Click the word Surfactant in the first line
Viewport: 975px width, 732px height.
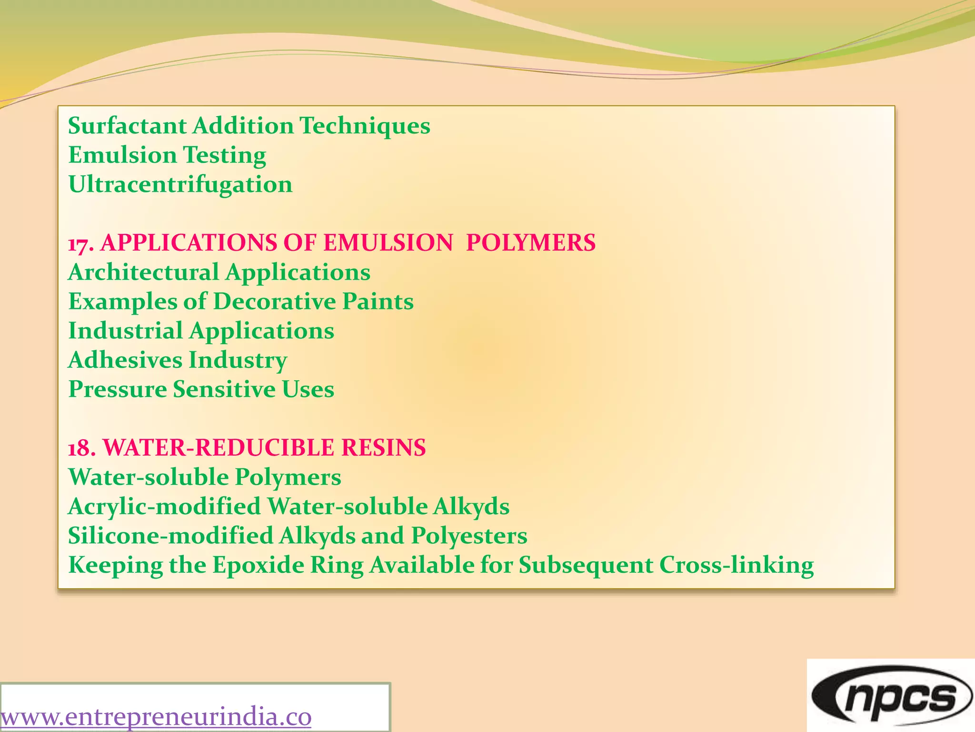coord(127,126)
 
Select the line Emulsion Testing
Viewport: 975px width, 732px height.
coord(167,155)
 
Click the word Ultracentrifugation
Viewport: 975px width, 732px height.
coord(180,185)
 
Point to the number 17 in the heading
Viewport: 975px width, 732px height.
coord(78,244)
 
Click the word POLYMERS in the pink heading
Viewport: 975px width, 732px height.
coord(530,243)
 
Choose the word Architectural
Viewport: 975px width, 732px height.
coord(143,273)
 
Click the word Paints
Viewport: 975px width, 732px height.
coord(378,302)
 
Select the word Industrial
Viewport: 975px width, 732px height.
coord(125,331)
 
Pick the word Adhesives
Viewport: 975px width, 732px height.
coord(125,360)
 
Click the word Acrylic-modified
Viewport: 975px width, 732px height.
coord(164,507)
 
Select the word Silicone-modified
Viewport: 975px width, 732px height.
coord(170,536)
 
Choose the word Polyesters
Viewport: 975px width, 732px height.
coord(469,536)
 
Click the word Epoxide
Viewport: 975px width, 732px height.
coord(258,565)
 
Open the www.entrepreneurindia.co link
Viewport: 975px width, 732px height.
coord(156,717)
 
